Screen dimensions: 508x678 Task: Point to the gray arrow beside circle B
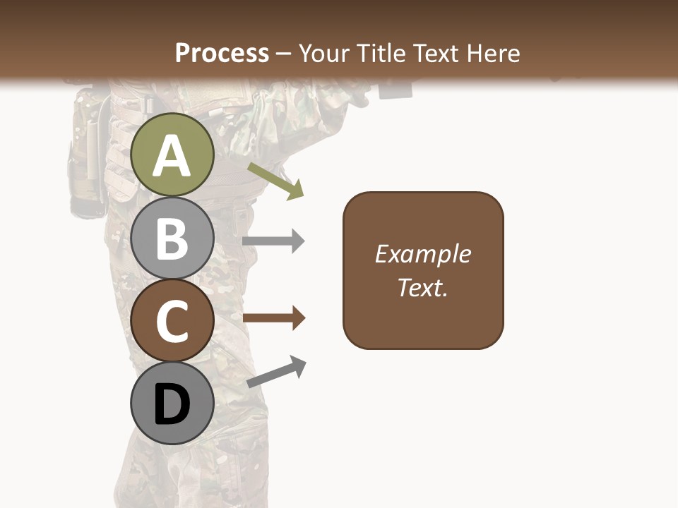[273, 241]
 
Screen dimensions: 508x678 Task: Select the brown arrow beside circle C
[273, 318]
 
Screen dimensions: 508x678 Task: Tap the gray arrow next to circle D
[276, 372]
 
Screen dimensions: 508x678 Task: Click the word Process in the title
[222, 53]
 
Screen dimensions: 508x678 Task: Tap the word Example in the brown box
[422, 254]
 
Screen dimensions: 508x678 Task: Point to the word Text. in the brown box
[422, 287]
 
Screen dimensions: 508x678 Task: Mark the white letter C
[172, 322]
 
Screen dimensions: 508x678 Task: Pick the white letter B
[172, 238]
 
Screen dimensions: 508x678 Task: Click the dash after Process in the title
[284, 54]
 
